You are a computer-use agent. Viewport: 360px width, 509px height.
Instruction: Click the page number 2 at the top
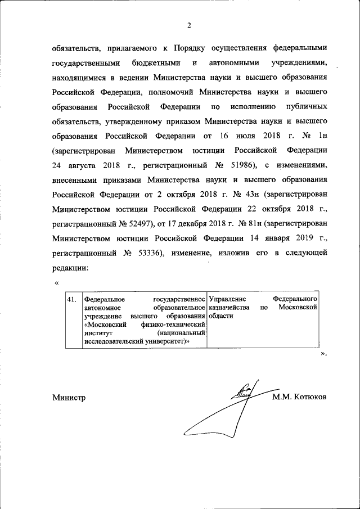189,25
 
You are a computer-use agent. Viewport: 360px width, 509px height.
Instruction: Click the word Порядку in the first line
195,47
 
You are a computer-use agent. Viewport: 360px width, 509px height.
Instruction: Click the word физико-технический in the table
172,325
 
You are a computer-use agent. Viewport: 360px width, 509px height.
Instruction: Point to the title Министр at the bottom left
69,398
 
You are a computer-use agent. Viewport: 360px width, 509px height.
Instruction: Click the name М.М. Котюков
299,398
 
